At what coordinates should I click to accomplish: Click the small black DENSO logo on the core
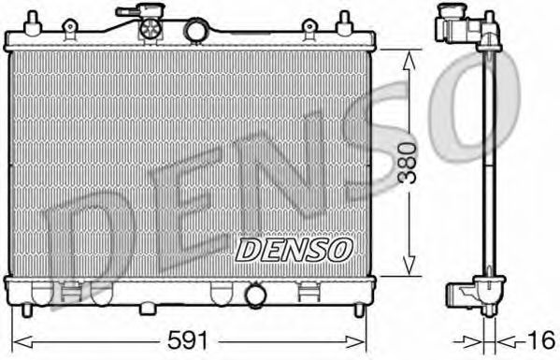pyautogui.click(x=294, y=248)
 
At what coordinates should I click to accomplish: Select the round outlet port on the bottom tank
pyautogui.click(x=254, y=296)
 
